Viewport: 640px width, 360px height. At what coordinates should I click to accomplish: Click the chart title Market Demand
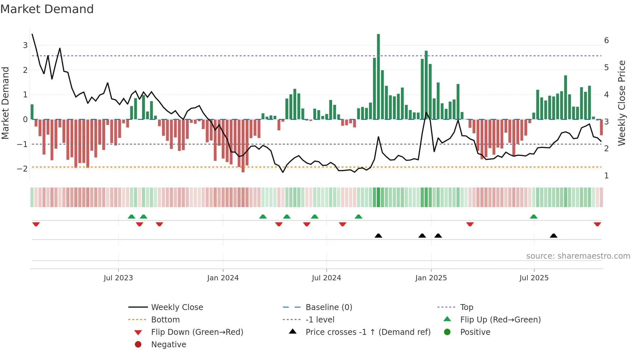pos(47,9)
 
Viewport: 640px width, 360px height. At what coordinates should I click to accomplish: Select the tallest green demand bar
pos(378,77)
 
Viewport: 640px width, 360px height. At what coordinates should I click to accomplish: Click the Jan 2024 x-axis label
pos(223,278)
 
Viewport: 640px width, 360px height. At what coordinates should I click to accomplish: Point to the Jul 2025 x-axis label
pos(534,278)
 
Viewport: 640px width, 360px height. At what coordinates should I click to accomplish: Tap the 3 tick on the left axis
pos(25,45)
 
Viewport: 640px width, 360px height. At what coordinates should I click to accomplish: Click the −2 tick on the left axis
pos(23,169)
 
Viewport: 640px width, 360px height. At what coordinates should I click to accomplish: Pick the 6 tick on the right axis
pos(606,41)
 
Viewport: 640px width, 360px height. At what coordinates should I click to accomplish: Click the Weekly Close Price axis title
pos(622,103)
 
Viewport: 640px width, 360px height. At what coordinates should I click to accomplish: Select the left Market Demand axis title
pos(5,103)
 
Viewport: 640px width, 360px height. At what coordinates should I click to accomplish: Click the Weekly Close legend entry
pos(177,307)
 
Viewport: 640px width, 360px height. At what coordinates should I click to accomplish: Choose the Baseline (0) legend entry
pos(328,307)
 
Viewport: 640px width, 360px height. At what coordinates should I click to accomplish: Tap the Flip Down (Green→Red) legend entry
pos(197,332)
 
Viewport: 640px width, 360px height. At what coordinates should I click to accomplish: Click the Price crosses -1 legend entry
pos(368,332)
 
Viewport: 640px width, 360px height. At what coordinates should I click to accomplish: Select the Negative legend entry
pos(168,345)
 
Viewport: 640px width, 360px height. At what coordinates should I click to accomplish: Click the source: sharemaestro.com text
pos(578,256)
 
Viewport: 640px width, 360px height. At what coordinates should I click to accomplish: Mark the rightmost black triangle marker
pos(553,236)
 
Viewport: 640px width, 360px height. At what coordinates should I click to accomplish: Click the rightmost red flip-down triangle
pos(597,224)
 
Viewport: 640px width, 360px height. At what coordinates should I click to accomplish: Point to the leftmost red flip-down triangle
pos(36,224)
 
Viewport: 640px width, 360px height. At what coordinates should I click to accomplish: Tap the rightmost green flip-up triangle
pos(534,217)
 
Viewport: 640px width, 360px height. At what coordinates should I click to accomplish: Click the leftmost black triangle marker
pos(378,236)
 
